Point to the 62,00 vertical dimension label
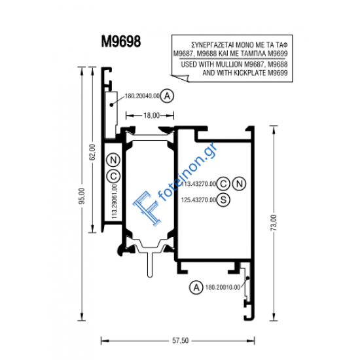[x=92, y=152]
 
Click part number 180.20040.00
[x=141, y=96]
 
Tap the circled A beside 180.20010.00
[x=194, y=287]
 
